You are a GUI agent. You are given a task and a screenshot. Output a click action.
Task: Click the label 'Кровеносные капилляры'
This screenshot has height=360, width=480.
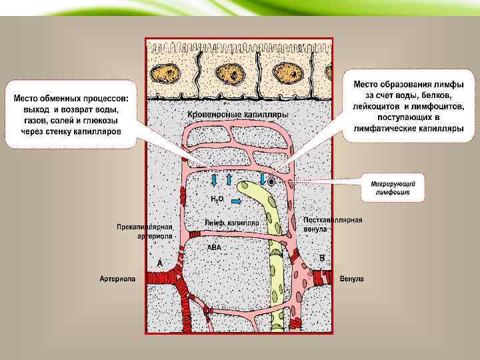click(x=237, y=115)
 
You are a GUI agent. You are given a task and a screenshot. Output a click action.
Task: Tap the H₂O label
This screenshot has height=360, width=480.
click(x=217, y=199)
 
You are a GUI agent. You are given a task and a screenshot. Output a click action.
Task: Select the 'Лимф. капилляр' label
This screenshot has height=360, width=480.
click(x=232, y=222)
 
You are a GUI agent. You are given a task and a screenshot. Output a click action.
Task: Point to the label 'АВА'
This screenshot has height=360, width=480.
click(x=214, y=247)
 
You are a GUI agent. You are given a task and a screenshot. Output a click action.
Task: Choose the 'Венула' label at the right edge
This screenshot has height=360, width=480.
click(x=351, y=279)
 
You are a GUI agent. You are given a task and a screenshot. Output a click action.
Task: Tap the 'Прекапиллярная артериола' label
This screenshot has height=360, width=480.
click(x=145, y=231)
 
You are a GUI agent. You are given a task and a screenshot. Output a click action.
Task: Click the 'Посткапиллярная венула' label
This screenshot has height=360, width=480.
click(x=333, y=224)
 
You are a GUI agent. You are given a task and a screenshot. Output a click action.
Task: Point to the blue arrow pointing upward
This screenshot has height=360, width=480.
click(x=229, y=179)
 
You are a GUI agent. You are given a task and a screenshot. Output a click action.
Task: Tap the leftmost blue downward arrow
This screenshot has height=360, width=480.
click(x=215, y=179)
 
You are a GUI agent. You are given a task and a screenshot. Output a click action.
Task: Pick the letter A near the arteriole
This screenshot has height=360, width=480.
click(x=160, y=263)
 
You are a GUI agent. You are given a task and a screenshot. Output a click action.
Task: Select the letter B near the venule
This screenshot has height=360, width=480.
click(x=322, y=257)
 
